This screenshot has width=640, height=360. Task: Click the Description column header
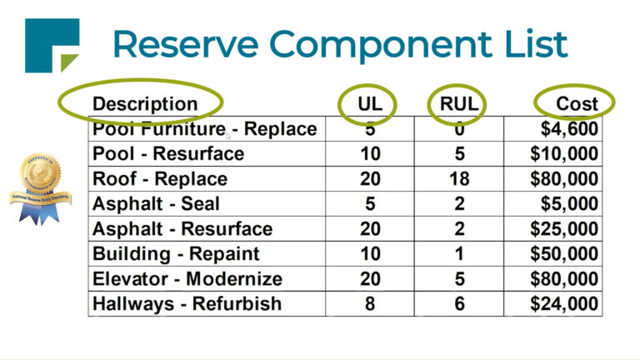coord(145,104)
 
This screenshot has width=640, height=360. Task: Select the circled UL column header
coord(369,104)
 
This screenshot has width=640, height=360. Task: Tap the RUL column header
coord(458,104)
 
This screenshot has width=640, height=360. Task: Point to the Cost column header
coord(577,104)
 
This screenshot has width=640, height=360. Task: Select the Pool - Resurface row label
coord(168,154)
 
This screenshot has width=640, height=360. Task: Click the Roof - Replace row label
coord(160,179)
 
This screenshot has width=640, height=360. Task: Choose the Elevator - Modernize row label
coord(187,279)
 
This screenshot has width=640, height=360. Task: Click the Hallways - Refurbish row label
coord(187,304)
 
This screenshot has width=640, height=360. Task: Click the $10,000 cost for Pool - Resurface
coord(564,154)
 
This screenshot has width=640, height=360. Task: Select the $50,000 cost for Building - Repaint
coord(564,254)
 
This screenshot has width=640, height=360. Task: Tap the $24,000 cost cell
coord(564,304)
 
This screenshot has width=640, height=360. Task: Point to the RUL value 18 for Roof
coord(458,179)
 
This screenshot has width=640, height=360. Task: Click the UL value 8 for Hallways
coord(369,304)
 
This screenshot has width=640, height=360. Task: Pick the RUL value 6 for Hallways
coord(458,304)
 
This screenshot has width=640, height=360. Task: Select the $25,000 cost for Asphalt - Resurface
coord(564,229)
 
